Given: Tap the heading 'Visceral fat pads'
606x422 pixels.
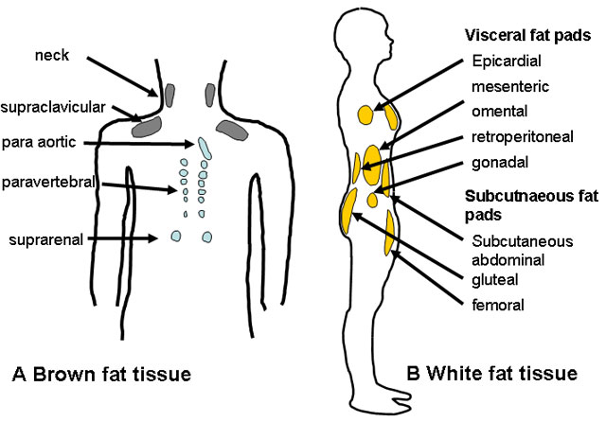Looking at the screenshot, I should coord(528,36).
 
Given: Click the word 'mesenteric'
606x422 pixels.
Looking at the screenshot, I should coord(509,87).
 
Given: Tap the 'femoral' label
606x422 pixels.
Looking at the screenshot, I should coord(498,305).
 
